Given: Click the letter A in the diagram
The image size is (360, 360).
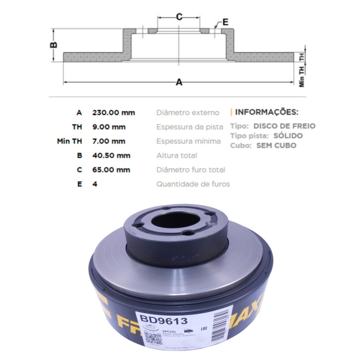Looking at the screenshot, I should pyautogui.click(x=179, y=83).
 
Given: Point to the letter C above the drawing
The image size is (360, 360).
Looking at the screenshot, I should pyautogui.click(x=179, y=16).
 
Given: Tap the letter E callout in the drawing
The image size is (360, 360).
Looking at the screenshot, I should pyautogui.click(x=225, y=22).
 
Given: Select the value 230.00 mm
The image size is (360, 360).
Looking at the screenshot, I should pyautogui.click(x=113, y=112).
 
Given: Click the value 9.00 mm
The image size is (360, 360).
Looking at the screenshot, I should pyautogui.click(x=109, y=127).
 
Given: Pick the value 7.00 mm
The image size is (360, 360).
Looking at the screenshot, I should pyautogui.click(x=109, y=141).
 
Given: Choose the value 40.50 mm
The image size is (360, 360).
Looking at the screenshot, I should pyautogui.click(x=111, y=155).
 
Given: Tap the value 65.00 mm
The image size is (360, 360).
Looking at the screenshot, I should pyautogui.click(x=111, y=170).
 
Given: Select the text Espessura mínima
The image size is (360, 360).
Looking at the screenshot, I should pyautogui.click(x=188, y=141).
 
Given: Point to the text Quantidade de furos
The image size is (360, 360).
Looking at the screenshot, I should pyautogui.click(x=193, y=184).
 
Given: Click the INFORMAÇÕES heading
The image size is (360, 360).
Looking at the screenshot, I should pyautogui.click(x=266, y=112).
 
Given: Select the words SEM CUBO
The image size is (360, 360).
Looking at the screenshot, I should pyautogui.click(x=276, y=145).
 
